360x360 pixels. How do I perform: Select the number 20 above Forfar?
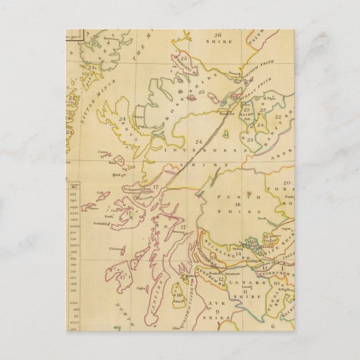click(x=286, y=183)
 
